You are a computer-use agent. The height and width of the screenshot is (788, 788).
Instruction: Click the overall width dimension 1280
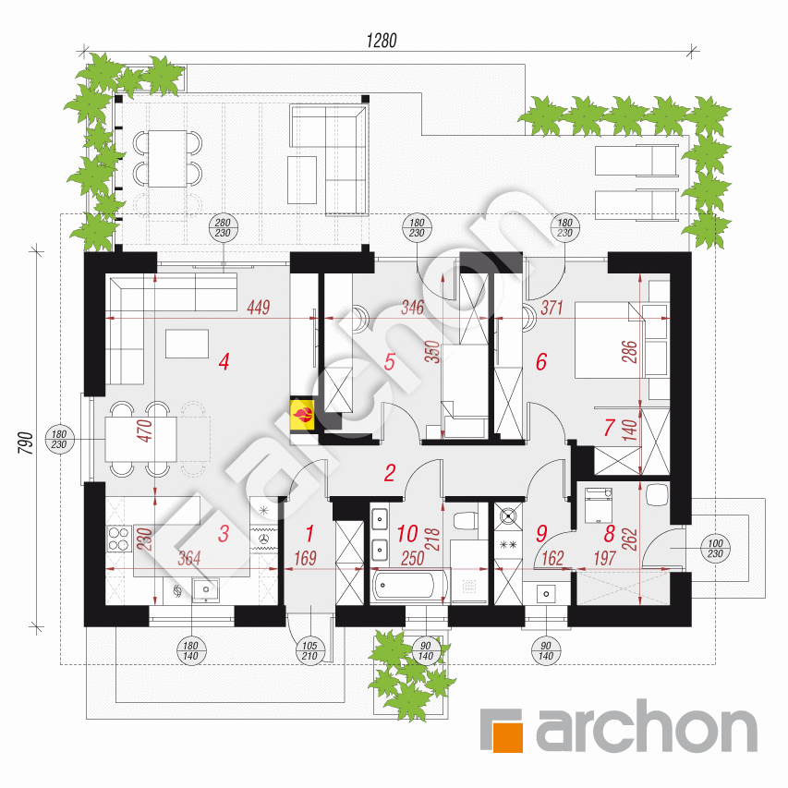click(382, 41)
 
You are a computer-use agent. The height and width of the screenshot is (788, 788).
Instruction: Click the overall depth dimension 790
click(26, 442)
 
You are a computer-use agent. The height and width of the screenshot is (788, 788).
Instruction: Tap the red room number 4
click(224, 361)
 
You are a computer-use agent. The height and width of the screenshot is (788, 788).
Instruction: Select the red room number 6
click(541, 361)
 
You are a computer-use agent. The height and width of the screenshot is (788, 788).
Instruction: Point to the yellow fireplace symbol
click(302, 415)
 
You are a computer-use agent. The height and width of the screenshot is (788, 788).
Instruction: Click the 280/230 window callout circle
click(223, 227)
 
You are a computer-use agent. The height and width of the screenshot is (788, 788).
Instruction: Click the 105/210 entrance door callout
click(309, 650)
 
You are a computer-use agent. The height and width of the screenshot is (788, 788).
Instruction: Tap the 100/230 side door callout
click(715, 549)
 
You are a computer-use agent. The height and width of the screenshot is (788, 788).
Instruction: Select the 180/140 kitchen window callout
click(190, 650)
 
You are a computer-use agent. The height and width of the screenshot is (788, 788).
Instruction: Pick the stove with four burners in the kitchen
click(119, 539)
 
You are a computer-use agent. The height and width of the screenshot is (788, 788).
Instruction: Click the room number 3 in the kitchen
click(224, 534)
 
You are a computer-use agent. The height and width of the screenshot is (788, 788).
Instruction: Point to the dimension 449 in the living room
click(259, 307)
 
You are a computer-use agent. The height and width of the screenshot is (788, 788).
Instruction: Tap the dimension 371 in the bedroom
click(552, 307)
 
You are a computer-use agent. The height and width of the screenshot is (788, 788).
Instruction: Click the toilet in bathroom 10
click(466, 521)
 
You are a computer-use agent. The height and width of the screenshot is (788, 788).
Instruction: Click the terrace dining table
click(167, 159)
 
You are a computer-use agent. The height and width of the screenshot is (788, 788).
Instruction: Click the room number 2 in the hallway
click(390, 473)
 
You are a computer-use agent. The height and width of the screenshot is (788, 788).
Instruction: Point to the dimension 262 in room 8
click(630, 539)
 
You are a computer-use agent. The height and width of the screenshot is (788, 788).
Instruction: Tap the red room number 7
click(609, 428)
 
